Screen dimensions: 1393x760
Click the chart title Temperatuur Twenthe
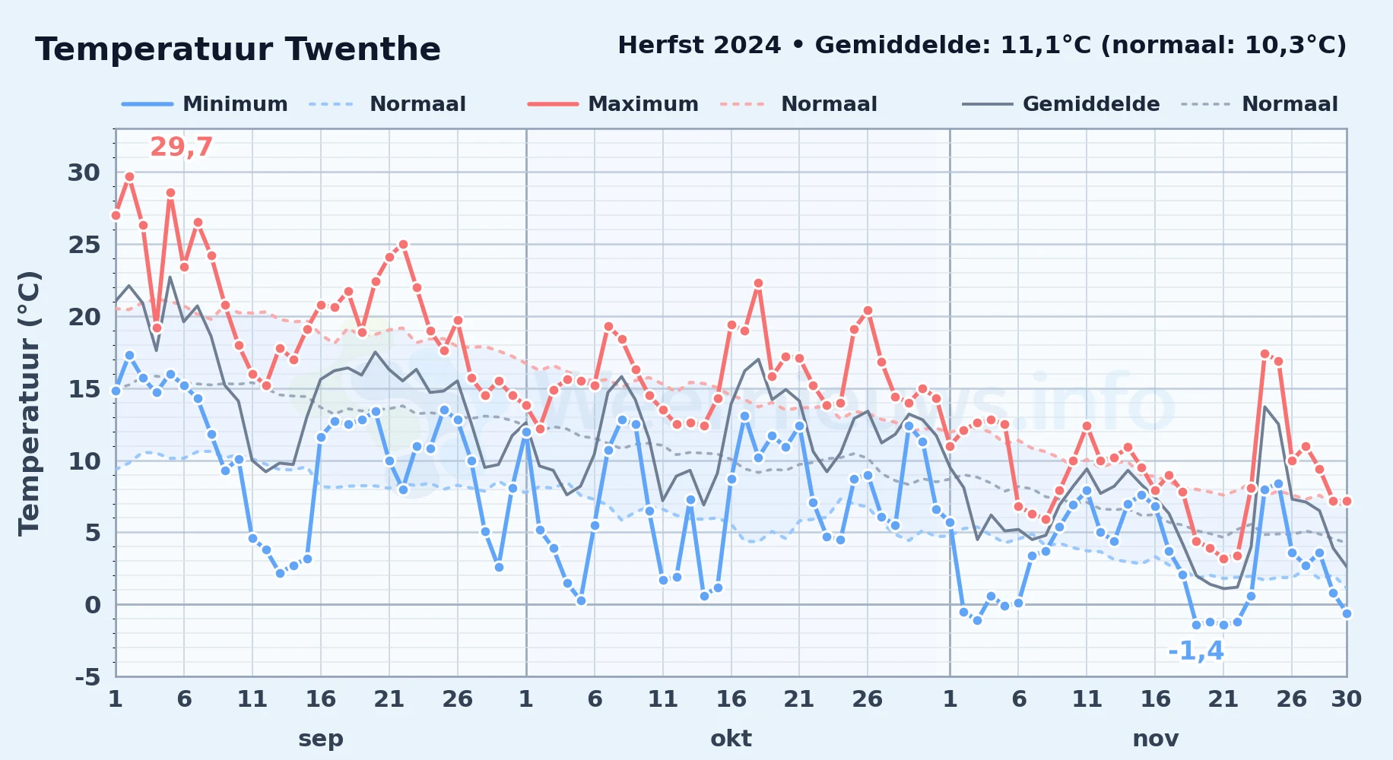[x=238, y=49]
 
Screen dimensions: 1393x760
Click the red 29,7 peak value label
[x=181, y=147]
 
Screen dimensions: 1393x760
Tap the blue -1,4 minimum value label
[x=1196, y=651]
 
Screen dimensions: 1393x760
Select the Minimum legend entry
[x=205, y=104]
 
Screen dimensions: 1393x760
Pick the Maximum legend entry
[x=613, y=104]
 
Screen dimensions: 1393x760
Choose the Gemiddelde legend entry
[x=1061, y=104]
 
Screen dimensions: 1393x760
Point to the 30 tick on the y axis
[x=84, y=173]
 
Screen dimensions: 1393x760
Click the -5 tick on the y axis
[x=87, y=676]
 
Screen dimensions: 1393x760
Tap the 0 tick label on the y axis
[x=93, y=605]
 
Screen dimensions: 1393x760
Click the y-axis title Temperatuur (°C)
[x=29, y=404]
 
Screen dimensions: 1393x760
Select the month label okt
[x=731, y=739]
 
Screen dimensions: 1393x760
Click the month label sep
[x=321, y=739]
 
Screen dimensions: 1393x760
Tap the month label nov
[x=1156, y=739]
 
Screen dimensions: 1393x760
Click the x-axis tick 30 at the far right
[x=1346, y=699]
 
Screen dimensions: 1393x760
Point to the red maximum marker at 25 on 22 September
[x=403, y=245]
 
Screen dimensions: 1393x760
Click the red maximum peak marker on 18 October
[x=758, y=283]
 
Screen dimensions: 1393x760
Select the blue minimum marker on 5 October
[x=581, y=600]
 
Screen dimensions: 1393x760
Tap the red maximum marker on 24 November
[x=1264, y=354]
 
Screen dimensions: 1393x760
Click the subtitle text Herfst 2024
[x=699, y=46]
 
